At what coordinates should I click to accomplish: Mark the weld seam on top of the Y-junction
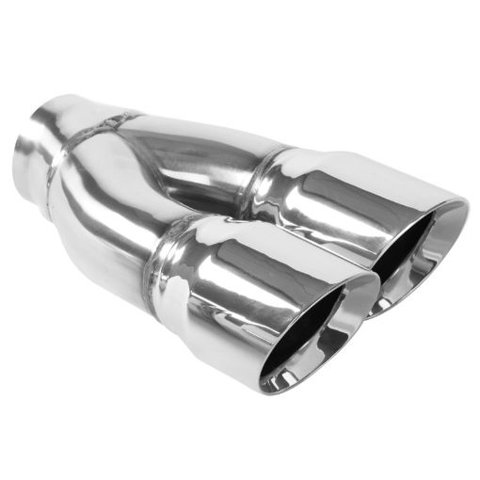(108, 122)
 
